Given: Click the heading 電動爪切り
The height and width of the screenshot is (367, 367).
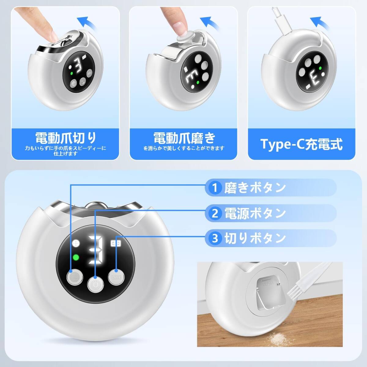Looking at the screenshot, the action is coord(65,138).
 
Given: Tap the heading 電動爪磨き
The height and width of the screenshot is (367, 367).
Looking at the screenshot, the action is coord(184,138).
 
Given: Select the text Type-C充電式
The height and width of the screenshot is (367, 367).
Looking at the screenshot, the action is coord(301,144).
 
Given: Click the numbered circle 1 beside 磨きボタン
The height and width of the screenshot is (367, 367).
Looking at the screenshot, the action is coord(215,187).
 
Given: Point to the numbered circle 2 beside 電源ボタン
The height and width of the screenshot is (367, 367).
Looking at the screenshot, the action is coord(215,213).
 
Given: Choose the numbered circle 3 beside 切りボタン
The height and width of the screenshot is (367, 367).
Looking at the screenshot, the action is coord(215,238).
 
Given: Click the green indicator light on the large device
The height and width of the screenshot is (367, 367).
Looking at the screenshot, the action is coord(76,258).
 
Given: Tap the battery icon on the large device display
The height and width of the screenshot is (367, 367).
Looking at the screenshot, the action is coord(116,243).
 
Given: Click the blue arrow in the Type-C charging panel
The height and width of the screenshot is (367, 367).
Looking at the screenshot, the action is coord(319,23).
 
